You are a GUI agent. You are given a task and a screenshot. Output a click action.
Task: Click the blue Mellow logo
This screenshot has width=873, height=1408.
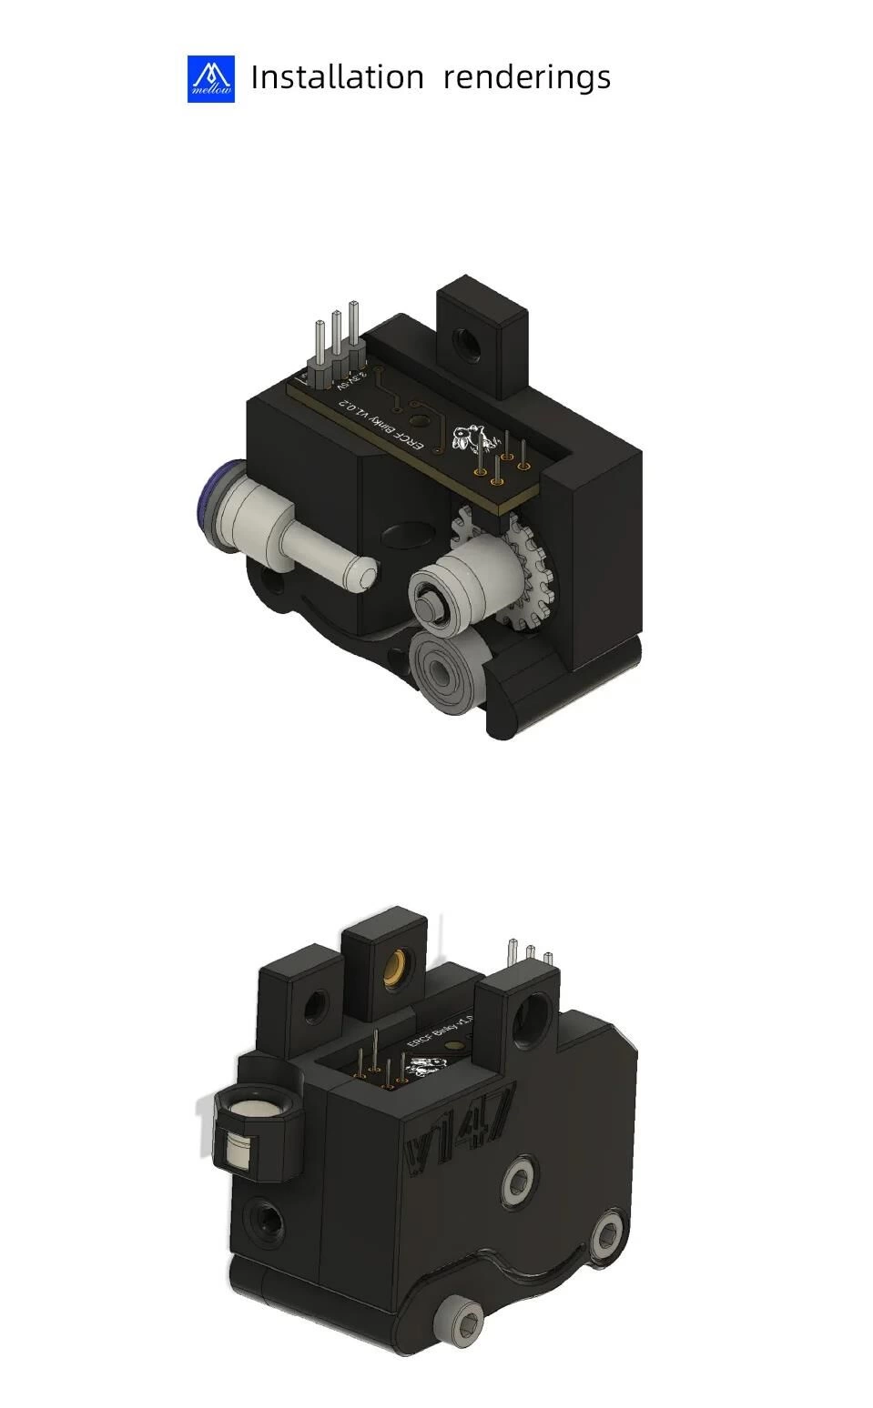tap(210, 78)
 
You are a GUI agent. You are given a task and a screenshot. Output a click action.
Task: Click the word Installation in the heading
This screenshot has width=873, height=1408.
tap(337, 77)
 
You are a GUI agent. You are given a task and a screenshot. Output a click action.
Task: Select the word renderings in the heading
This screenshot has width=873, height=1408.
tap(526, 78)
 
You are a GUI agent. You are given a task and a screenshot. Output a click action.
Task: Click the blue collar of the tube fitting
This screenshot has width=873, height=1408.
tap(212, 504)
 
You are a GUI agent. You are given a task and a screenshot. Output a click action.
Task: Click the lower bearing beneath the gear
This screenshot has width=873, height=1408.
tap(442, 677)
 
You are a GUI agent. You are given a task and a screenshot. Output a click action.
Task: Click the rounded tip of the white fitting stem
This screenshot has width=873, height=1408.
tap(363, 575)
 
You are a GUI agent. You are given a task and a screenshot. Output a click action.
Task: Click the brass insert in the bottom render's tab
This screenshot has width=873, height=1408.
tap(397, 965)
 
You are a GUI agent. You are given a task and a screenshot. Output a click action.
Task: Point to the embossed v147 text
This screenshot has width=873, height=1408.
tap(461, 1129)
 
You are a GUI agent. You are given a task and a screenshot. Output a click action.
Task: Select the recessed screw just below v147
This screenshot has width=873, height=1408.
tap(516, 1182)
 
